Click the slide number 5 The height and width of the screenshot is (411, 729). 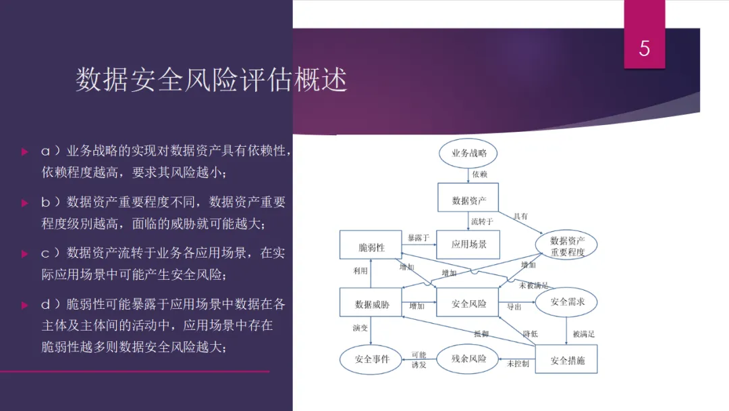pos(644,49)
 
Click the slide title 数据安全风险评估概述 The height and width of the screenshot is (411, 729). pos(211,80)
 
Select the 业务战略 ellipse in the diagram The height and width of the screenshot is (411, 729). pos(469,153)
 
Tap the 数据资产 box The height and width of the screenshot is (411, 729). pos(469,201)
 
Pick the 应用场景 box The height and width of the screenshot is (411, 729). pos(469,244)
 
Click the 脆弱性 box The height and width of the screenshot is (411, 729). pos(371,247)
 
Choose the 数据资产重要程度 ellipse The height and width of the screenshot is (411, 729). pos(567,246)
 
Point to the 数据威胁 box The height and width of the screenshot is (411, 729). pos(372,304)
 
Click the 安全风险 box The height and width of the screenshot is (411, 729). pos(469,304)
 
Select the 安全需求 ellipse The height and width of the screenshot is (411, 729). pos(567,302)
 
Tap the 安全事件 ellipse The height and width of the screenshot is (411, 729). pos(372,359)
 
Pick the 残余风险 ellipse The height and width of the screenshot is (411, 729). pos(469,358)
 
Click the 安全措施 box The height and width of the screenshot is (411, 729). pos(567,360)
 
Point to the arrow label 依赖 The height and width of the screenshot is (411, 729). pos(480,174)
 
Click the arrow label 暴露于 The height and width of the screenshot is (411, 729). pos(418,238)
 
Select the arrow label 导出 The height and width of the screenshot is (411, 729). pos(514,307)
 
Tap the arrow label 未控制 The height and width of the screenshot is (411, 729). pos(518,364)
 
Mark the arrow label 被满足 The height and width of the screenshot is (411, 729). pos(584,334)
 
